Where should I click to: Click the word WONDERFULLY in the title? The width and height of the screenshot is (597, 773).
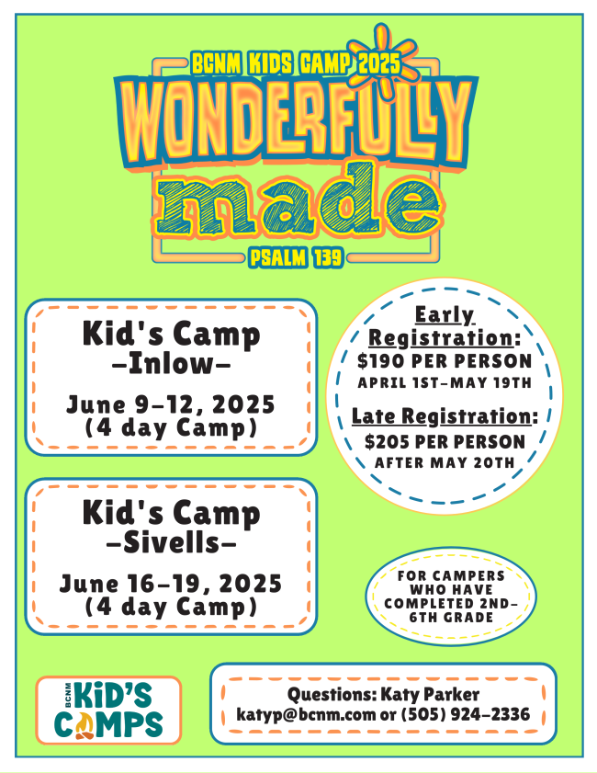pyautogui.click(x=296, y=123)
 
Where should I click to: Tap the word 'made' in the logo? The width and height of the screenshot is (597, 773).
pyautogui.click(x=298, y=202)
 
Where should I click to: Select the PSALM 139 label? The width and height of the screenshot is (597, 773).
pyautogui.click(x=296, y=257)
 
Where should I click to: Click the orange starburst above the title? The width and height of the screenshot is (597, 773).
pyautogui.click(x=383, y=60)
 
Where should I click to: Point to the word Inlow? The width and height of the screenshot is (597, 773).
pyautogui.click(x=172, y=364)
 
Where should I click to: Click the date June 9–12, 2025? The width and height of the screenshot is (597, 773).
pyautogui.click(x=171, y=404)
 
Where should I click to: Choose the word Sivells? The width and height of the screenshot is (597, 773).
pyautogui.click(x=172, y=543)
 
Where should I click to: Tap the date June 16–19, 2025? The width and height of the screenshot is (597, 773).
pyautogui.click(x=171, y=584)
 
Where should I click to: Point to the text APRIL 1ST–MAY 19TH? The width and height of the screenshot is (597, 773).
pyautogui.click(x=445, y=383)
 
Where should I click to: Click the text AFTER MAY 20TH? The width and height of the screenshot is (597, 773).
pyautogui.click(x=445, y=463)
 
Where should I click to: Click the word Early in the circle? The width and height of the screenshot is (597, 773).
pyautogui.click(x=445, y=315)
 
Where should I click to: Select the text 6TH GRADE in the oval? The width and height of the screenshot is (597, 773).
pyautogui.click(x=451, y=618)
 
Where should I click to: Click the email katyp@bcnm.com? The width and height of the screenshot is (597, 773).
pyautogui.click(x=306, y=715)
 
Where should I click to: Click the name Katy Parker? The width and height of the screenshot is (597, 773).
pyautogui.click(x=430, y=695)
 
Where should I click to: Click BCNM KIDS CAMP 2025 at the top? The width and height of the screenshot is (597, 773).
pyautogui.click(x=296, y=64)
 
